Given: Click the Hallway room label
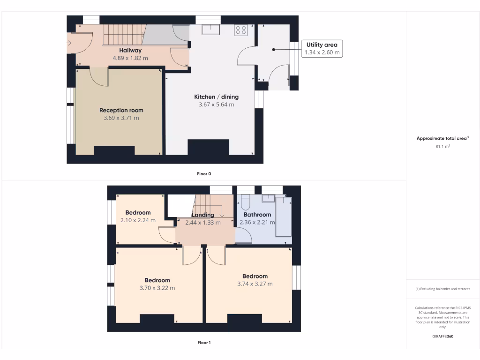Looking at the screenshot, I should [x=130, y=50].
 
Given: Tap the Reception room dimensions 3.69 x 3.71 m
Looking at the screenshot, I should [x=121, y=118].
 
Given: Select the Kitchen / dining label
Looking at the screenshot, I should [x=216, y=97].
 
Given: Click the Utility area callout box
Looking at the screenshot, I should [x=322, y=48].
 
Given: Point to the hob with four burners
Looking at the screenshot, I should [x=241, y=30].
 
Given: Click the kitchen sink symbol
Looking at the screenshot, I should [x=211, y=30].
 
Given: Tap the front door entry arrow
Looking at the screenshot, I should [x=68, y=44].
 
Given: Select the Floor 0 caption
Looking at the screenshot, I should [x=204, y=174].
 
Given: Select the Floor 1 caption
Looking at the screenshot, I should [x=204, y=343].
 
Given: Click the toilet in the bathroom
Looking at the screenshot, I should [x=245, y=203].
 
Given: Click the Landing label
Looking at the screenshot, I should [x=202, y=215].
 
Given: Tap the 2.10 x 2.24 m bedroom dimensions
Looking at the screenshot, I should [x=137, y=220].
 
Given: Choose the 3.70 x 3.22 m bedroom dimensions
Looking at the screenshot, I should [x=157, y=288].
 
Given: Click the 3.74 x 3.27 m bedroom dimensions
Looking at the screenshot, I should [x=255, y=284].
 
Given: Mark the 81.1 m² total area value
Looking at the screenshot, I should [x=442, y=147].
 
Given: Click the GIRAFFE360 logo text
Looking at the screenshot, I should [x=442, y=336].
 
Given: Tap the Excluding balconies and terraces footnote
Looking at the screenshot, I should [x=442, y=289].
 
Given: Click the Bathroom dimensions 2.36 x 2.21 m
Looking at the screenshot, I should [x=257, y=223].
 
